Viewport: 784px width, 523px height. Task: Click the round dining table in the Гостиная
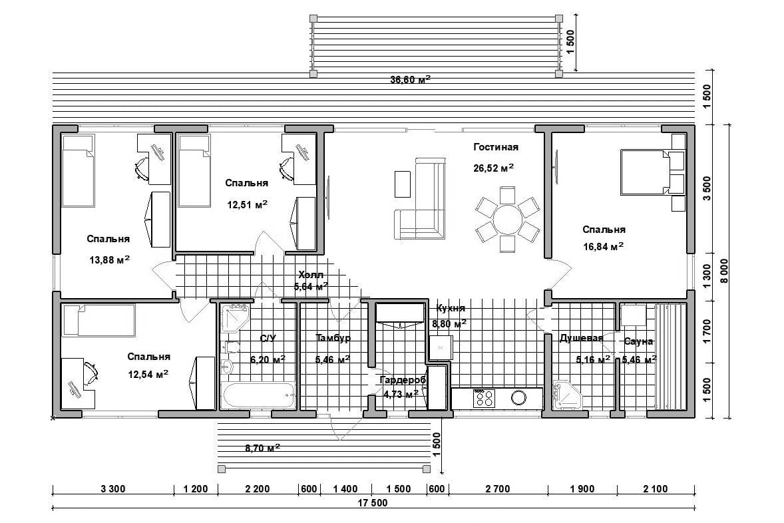507,220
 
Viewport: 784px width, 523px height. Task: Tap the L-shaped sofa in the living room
425,220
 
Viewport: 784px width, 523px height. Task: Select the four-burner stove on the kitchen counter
484,398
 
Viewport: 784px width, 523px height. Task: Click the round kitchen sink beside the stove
518,398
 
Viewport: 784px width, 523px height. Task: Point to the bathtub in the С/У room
258,395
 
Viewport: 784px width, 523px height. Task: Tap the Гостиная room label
496,147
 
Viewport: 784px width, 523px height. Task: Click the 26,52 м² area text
494,168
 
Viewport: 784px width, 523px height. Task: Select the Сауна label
638,341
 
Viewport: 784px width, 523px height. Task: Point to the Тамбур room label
333,338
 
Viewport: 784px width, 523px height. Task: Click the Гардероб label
403,381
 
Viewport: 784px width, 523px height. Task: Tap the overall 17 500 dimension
372,503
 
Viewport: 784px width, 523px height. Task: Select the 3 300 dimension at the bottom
113,488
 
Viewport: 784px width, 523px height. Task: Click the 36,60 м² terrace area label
410,79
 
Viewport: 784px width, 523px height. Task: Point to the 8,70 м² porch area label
262,448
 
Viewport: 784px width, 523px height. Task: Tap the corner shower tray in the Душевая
568,395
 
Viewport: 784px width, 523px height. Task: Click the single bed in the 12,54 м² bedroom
98,321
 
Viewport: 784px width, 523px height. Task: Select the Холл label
311,275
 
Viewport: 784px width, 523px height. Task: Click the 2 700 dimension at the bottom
498,488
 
